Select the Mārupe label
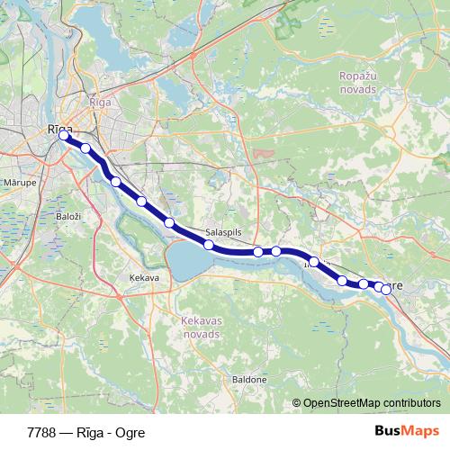pyautogui.click(x=19, y=180)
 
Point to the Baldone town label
pyautogui.click(x=249, y=379)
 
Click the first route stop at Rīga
pyautogui.click(x=64, y=137)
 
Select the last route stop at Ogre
pyautogui.click(x=386, y=289)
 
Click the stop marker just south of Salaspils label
pyautogui.click(x=208, y=245)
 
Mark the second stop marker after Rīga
pyautogui.click(x=115, y=182)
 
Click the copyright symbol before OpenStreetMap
pyautogui.click(x=298, y=403)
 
